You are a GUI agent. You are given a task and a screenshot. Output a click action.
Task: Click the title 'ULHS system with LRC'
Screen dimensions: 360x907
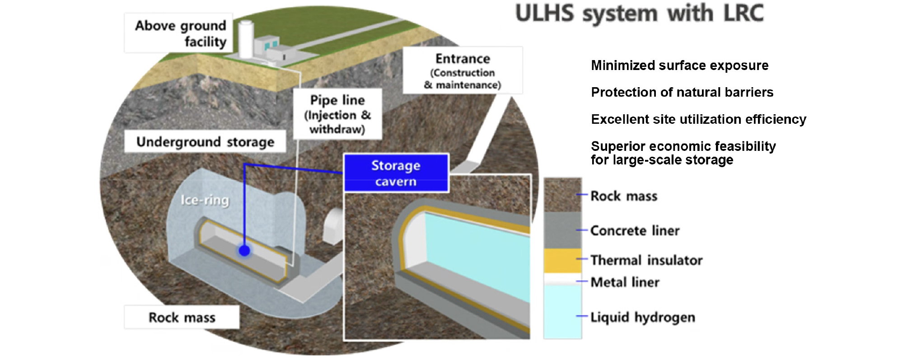tap(639, 14)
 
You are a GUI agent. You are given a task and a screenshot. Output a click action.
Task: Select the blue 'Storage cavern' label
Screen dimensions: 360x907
tap(396, 173)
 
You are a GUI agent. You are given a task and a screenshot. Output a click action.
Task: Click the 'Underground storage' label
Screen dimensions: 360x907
tap(205, 142)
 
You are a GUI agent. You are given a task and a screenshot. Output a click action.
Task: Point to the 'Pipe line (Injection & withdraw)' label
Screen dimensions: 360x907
tap(337, 114)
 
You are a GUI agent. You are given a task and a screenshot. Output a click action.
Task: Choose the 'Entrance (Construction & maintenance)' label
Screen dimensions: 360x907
tap(463, 70)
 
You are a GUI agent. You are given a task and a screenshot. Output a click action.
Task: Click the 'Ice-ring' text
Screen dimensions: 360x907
tap(205, 200)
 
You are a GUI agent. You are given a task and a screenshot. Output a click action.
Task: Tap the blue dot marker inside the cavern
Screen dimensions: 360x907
tap(244, 251)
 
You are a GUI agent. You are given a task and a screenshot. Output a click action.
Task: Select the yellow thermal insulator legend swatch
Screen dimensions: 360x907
tap(562, 260)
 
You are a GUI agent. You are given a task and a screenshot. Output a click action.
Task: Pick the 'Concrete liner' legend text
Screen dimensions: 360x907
tap(635, 231)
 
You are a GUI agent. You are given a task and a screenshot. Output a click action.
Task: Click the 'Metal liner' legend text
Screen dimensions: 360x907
tap(625, 282)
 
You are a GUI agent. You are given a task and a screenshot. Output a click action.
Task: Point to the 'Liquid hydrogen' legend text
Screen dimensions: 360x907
tap(642, 317)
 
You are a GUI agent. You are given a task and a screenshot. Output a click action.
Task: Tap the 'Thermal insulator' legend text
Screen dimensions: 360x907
tap(646, 260)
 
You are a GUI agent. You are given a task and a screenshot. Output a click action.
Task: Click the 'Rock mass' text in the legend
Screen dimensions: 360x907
tap(624, 196)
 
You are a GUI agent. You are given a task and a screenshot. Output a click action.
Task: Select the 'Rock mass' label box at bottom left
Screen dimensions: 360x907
tap(182, 317)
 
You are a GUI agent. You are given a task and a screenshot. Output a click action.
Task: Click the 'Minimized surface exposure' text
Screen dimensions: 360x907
tap(679, 65)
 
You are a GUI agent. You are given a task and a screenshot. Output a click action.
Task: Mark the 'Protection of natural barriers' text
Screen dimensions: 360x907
tap(682, 92)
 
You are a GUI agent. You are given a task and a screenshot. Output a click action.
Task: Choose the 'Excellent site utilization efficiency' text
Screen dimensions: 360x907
tap(698, 119)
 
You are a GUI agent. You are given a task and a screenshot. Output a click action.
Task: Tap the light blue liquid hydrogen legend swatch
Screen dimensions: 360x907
tap(562, 312)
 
